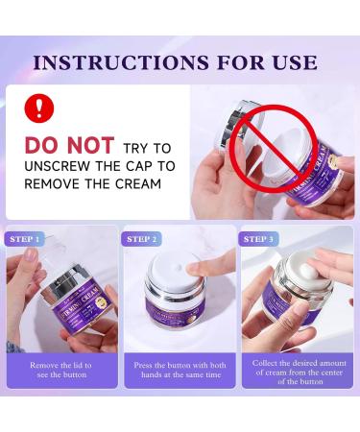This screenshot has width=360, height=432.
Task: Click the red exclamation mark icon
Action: click(x=39, y=108)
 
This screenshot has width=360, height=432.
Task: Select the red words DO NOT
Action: click(x=70, y=146)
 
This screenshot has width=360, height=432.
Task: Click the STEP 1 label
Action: click(x=25, y=239)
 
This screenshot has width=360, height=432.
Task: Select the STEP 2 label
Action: click(x=142, y=239)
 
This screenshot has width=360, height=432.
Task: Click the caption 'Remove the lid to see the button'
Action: click(x=61, y=370)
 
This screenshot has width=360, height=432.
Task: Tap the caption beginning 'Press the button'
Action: click(x=180, y=370)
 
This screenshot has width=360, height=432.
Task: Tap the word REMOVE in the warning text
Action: click(x=53, y=182)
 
